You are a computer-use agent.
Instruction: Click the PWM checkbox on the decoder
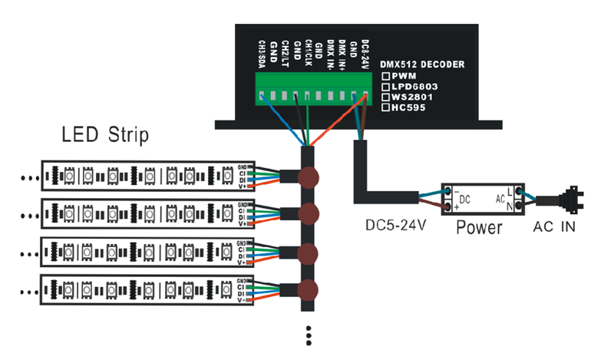pyautogui.click(x=386, y=77)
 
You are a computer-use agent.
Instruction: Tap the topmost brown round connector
pyautogui.click(x=309, y=176)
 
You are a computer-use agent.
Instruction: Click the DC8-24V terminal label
pyautogui.click(x=365, y=53)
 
